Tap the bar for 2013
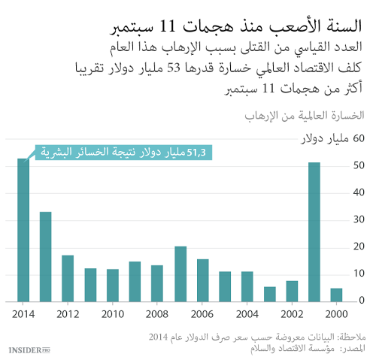click(x=46, y=256)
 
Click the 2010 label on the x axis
click(x=113, y=313)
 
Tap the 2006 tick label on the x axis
click(x=202, y=313)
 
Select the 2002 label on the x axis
click(x=292, y=313)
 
